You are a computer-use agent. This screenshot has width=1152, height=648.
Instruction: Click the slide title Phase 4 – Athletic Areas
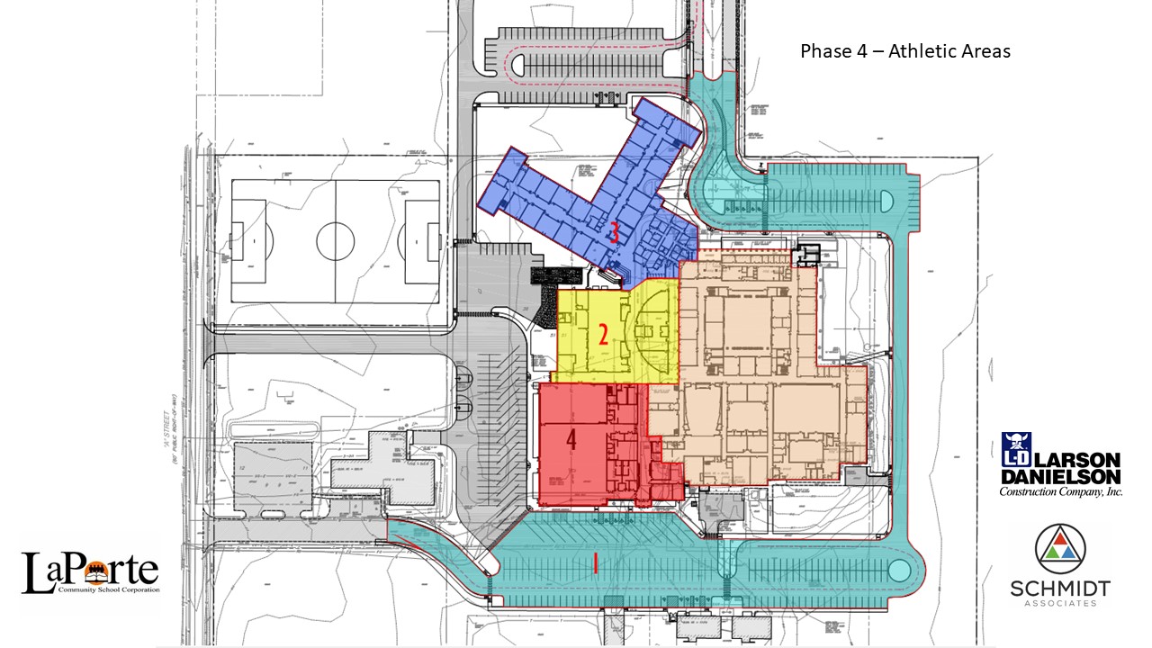click(x=904, y=51)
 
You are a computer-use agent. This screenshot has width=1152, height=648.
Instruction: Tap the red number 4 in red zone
click(x=571, y=440)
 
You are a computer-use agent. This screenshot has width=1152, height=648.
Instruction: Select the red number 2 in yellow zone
click(x=604, y=335)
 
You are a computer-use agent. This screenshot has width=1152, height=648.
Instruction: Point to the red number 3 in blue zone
click(x=614, y=233)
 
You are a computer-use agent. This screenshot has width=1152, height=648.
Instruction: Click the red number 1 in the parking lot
click(x=596, y=563)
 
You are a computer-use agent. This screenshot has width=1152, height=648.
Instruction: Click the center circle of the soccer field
click(x=335, y=240)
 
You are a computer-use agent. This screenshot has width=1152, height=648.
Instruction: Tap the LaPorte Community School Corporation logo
click(x=90, y=573)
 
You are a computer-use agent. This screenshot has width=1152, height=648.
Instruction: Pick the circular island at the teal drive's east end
click(x=898, y=570)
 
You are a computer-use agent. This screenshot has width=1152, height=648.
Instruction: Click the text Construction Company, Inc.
click(x=1060, y=491)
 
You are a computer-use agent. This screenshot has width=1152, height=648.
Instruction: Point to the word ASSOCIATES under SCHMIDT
click(x=1059, y=603)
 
